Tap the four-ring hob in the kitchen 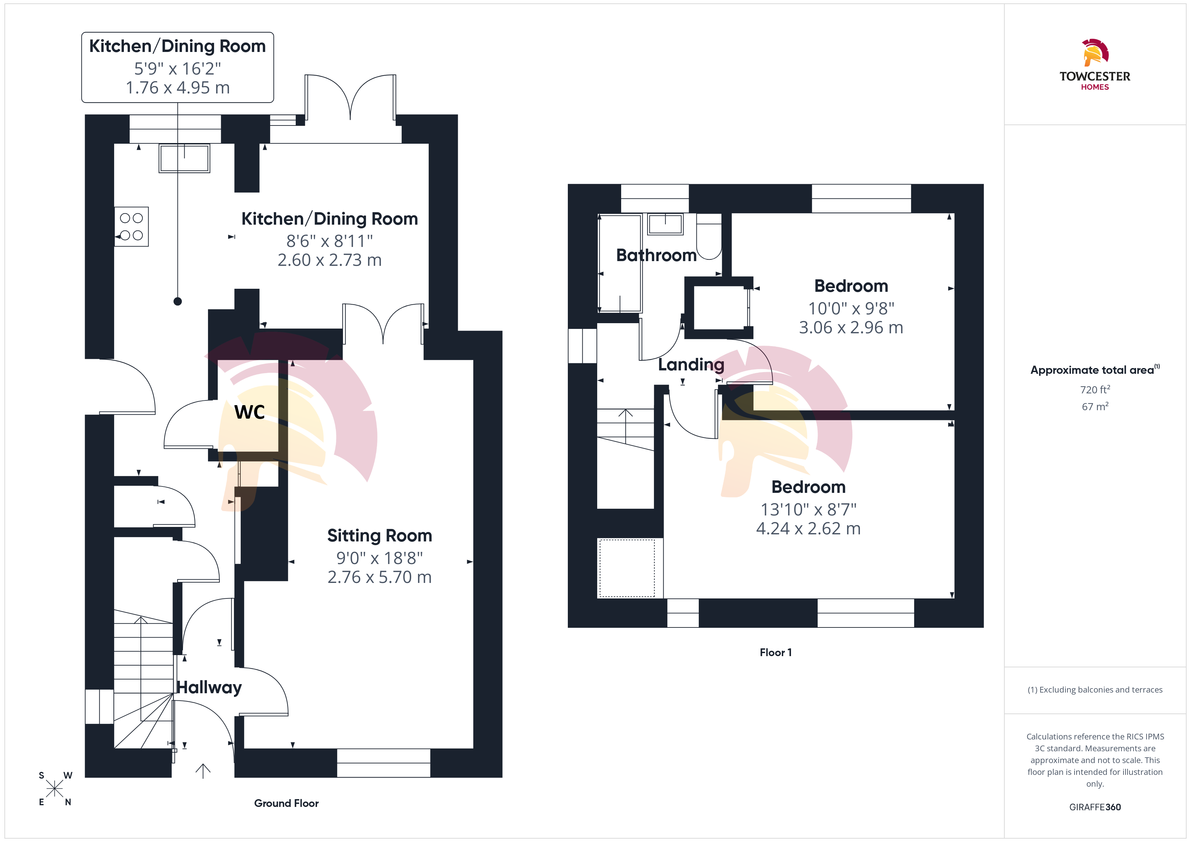tap(131, 227)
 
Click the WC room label tap(249, 412)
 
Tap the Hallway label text tap(209, 687)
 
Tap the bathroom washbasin tap(665, 224)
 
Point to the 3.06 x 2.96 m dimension tap(851, 328)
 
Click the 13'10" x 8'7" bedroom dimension tap(808, 510)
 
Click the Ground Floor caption tap(286, 803)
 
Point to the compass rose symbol tap(54, 789)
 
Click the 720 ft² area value tap(1095, 389)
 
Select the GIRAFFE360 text tap(1095, 807)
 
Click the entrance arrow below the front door tap(203, 771)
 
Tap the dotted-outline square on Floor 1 tap(627, 568)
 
